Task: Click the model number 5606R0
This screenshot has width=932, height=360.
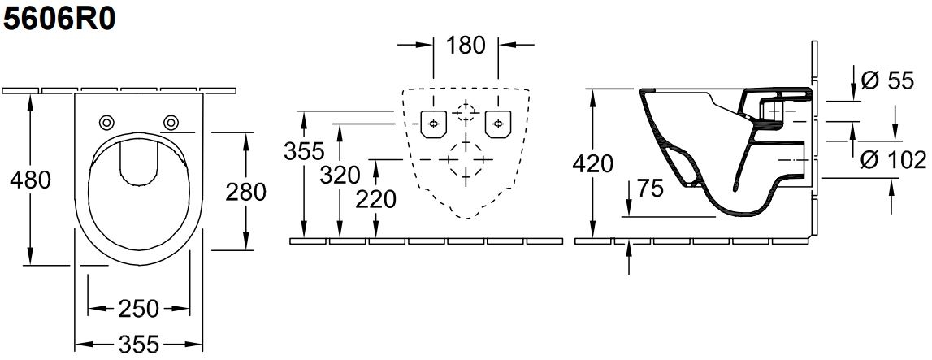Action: click(59, 19)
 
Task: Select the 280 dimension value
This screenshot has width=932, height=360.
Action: click(245, 192)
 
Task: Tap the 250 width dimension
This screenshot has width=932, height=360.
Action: click(138, 308)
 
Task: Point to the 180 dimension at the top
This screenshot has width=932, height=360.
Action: click(466, 46)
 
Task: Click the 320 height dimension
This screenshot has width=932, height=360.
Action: click(340, 176)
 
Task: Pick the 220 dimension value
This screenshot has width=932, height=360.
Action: click(375, 200)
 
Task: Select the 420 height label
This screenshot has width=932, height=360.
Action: click(592, 163)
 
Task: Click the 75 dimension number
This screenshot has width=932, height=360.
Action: click(650, 189)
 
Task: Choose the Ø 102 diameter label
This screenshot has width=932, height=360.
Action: click(893, 160)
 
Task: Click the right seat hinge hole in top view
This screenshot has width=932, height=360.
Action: click(171, 123)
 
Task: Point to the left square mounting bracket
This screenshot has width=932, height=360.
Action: click(434, 124)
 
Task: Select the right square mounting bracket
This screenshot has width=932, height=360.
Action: click(498, 124)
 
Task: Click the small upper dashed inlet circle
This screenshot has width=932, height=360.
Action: click(466, 112)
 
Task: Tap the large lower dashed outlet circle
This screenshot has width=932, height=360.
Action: click(466, 160)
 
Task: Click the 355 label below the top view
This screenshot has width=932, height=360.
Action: click(138, 345)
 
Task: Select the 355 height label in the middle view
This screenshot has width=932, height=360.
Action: click(304, 151)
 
